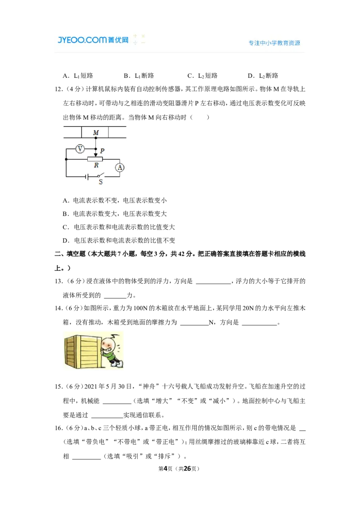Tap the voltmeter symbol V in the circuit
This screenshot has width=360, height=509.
click(x=80, y=149)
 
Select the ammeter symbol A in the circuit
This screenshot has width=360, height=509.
click(x=120, y=168)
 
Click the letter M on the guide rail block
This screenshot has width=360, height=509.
click(x=96, y=133)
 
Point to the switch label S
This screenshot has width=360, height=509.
click(x=101, y=182)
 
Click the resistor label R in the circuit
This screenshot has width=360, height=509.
click(x=96, y=165)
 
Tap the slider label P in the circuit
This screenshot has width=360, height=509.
click(x=102, y=151)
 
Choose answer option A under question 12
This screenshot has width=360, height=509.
click(x=115, y=200)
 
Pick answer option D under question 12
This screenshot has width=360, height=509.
click(x=119, y=240)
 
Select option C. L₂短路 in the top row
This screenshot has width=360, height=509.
click(x=202, y=76)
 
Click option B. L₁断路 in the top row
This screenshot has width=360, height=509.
click(x=139, y=76)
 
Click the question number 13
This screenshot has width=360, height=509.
click(x=59, y=281)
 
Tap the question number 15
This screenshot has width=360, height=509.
click(x=59, y=387)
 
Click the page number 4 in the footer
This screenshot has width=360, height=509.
click(x=165, y=469)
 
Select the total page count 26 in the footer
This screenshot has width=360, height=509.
click(x=188, y=469)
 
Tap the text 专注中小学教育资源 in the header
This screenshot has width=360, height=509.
click(x=274, y=43)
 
